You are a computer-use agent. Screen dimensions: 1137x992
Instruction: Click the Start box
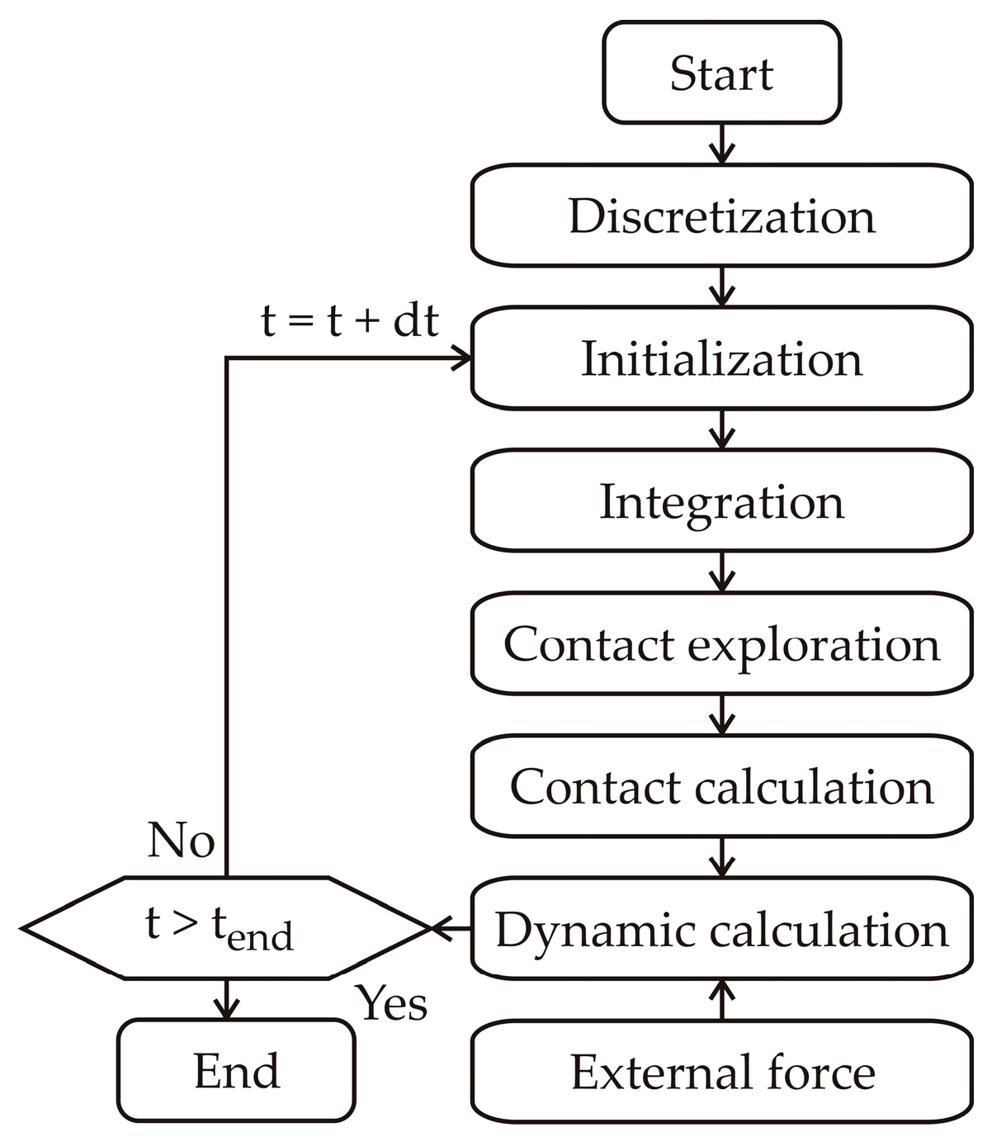[x=721, y=73]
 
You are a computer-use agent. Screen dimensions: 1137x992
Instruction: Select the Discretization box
[x=721, y=216]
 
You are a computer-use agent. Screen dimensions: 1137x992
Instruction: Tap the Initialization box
[x=721, y=358]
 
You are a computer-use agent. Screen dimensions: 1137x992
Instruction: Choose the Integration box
[x=721, y=500]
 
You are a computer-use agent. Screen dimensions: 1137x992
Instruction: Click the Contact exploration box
[x=721, y=643]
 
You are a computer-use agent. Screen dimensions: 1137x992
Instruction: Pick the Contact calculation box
[x=721, y=786]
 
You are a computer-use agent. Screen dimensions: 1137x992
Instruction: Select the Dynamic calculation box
[x=721, y=929]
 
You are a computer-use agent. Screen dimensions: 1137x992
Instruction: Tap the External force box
[x=721, y=1072]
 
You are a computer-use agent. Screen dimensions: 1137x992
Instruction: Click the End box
[x=236, y=1071]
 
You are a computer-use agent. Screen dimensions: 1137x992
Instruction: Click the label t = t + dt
[x=349, y=320]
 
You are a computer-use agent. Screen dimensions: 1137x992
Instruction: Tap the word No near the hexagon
[x=181, y=841]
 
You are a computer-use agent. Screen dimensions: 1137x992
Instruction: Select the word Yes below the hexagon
[x=392, y=1003]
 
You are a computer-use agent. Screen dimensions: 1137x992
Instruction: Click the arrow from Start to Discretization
[x=722, y=144]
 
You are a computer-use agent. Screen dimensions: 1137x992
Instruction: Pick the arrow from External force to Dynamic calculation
[x=722, y=999]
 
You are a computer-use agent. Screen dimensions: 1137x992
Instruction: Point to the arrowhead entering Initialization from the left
[x=461, y=358]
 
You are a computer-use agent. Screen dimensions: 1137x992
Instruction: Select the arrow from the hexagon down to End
[x=225, y=999]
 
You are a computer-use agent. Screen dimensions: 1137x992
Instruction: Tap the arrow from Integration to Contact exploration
[x=722, y=571]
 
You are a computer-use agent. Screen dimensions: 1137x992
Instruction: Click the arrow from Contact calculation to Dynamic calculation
[x=722, y=857]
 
